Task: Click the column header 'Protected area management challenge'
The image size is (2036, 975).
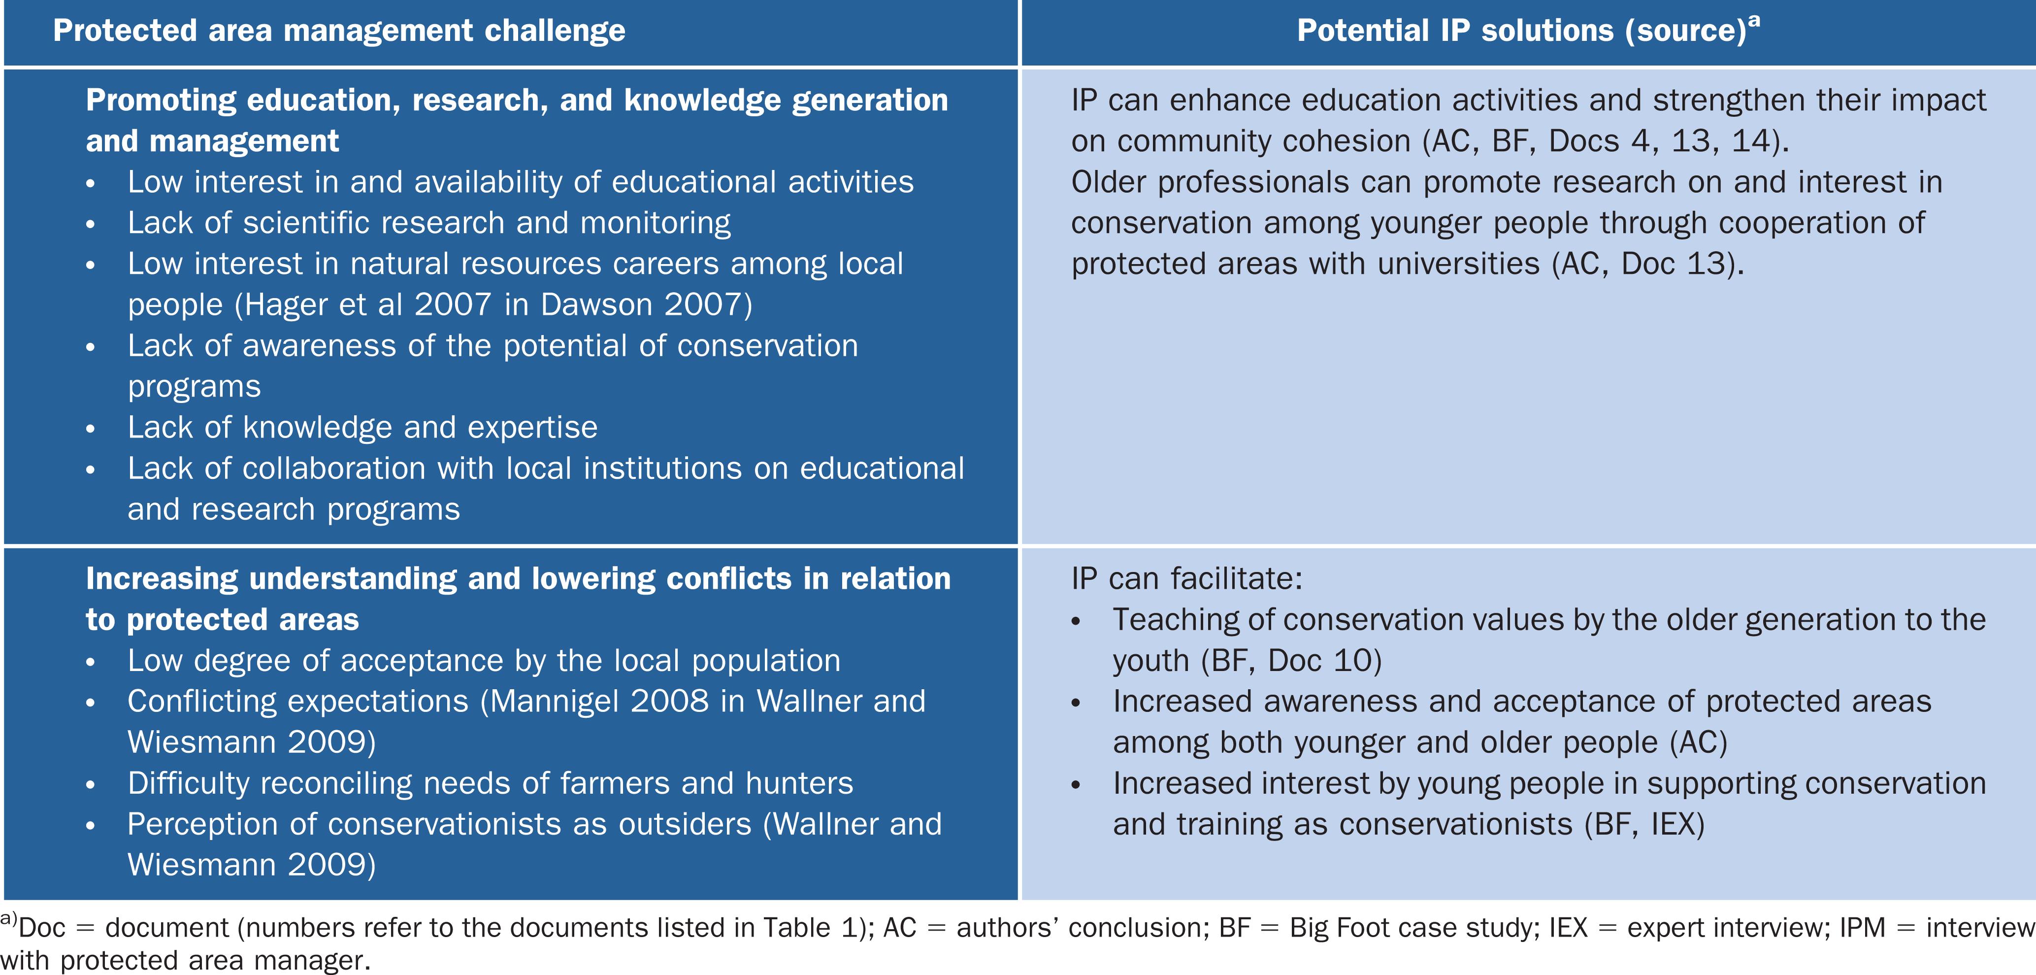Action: [339, 31]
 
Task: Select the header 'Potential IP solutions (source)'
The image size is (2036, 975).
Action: [1521, 31]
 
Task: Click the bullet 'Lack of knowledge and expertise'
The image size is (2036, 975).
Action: [363, 427]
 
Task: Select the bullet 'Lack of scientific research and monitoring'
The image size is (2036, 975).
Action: [429, 223]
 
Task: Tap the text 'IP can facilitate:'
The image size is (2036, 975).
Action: [1186, 579]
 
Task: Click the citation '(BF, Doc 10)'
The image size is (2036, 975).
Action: [1291, 660]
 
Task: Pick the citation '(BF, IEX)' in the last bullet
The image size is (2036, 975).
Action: [1644, 824]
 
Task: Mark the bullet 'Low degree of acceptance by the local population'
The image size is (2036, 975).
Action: [484, 660]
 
